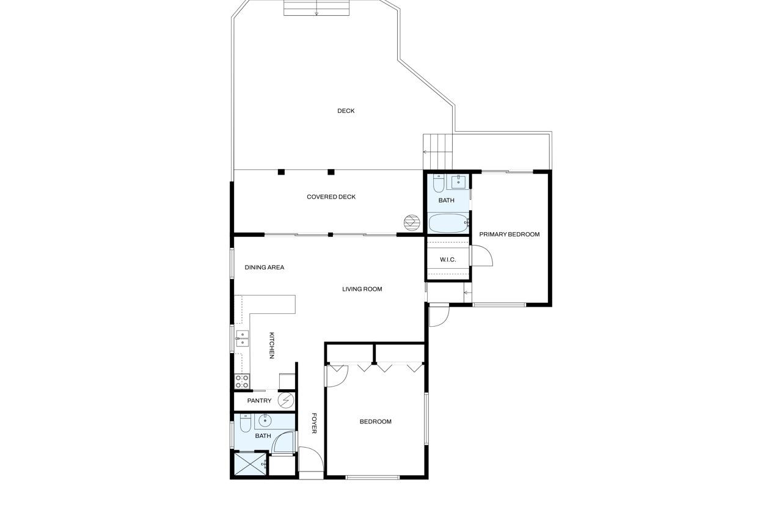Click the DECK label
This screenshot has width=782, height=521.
[x=346, y=111]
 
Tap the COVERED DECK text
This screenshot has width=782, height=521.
[x=331, y=197]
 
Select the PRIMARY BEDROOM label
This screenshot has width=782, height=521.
[x=510, y=234]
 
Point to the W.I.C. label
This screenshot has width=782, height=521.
[x=448, y=260]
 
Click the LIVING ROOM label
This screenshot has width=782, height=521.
[x=362, y=289]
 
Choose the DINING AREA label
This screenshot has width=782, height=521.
[x=265, y=268]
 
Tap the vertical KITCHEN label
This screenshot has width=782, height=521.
[x=272, y=345]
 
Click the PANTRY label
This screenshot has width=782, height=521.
[x=259, y=401]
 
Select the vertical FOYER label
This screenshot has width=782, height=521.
[x=314, y=423]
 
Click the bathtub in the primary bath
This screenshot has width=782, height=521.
[x=448, y=223]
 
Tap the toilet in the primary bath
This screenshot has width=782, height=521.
[x=439, y=183]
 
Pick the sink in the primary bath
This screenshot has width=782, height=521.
[x=458, y=182]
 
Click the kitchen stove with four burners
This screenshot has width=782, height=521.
[x=242, y=381]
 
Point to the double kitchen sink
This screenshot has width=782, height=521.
[x=242, y=338]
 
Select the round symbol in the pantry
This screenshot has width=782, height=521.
[x=286, y=400]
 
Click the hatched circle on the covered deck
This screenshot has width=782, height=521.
[x=412, y=223]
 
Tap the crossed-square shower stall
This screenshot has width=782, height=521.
[x=250, y=464]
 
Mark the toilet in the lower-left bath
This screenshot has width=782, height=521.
[x=246, y=423]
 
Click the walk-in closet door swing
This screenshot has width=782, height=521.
[x=481, y=255]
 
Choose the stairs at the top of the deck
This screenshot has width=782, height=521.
[x=316, y=8]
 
